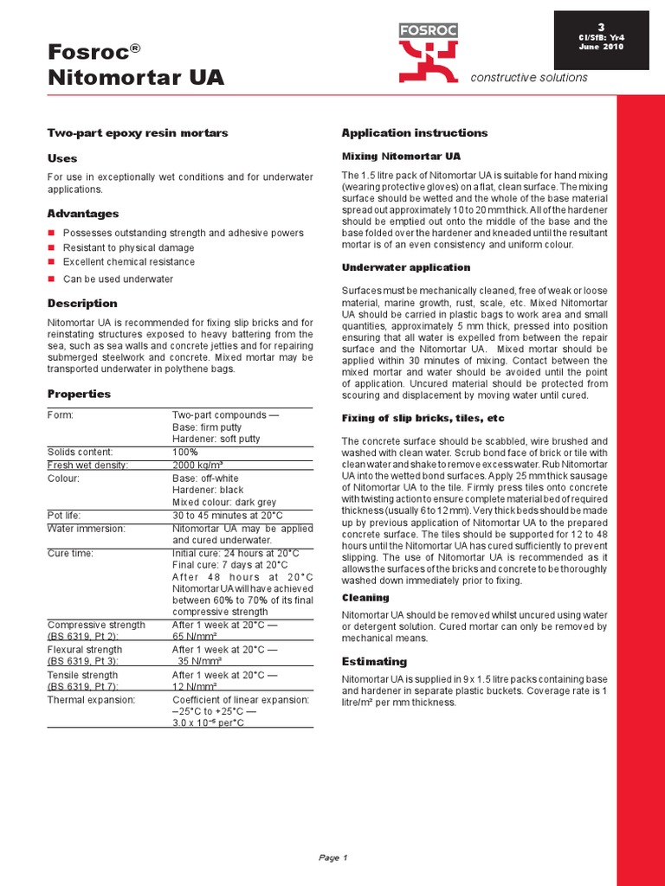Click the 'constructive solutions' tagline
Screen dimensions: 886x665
point(528,78)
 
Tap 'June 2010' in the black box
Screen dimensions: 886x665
point(601,47)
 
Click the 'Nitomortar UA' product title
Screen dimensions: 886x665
point(136,78)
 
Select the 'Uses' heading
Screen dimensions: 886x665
point(62,158)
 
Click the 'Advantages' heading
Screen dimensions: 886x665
point(83,214)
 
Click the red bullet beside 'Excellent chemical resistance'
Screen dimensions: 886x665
point(51,261)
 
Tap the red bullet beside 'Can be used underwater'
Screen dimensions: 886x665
point(51,279)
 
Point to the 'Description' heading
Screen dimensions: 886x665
point(82,304)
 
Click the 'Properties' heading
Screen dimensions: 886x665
point(79,394)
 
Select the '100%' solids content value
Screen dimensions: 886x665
point(185,452)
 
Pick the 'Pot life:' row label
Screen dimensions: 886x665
point(66,515)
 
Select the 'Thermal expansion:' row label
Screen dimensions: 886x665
point(91,699)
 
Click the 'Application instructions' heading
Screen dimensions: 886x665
point(415,132)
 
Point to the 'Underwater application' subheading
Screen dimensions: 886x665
point(406,267)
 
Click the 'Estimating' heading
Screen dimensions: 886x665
point(374,661)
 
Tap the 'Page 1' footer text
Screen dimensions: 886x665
point(332,857)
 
